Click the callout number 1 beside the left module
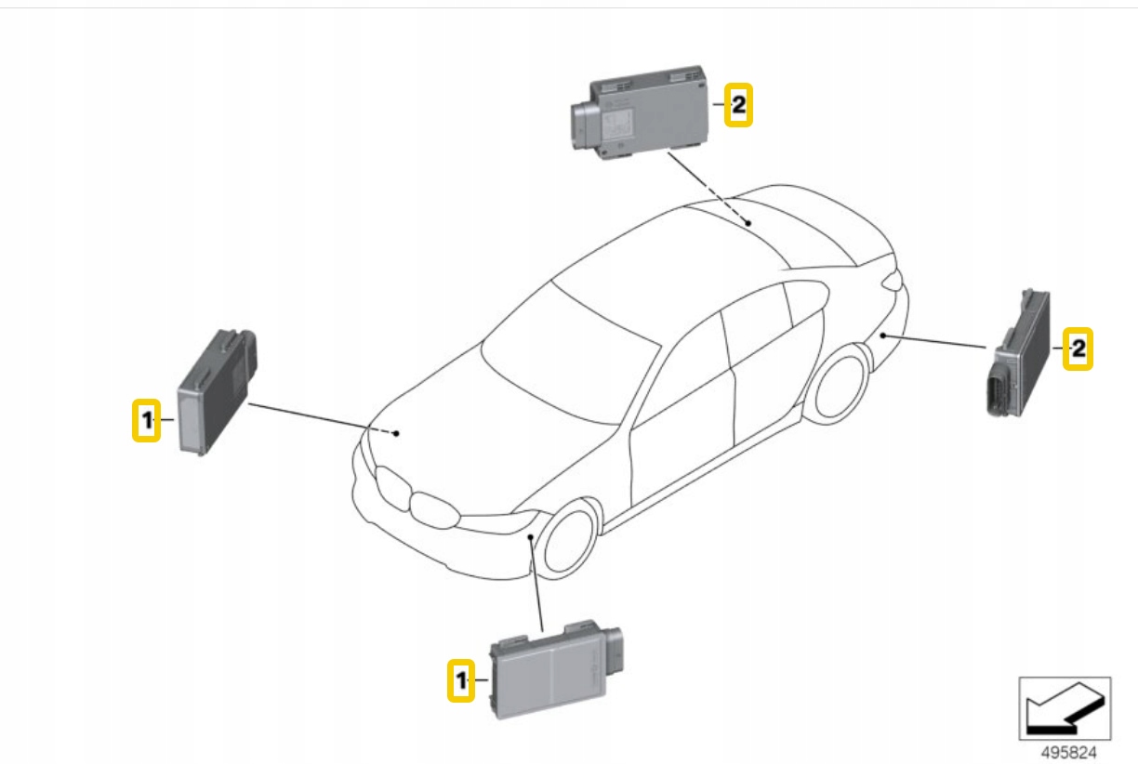click(x=146, y=421)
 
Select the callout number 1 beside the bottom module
click(x=460, y=680)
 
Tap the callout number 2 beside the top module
click(x=737, y=105)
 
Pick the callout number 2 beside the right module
click(x=1078, y=349)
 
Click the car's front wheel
click(x=568, y=540)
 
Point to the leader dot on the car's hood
click(x=396, y=433)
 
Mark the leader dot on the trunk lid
click(x=748, y=223)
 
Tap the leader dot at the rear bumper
click(x=881, y=334)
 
